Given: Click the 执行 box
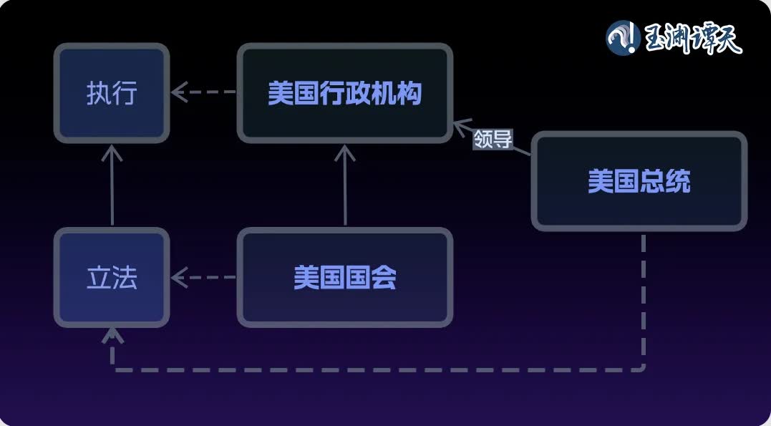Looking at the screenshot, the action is (112, 93).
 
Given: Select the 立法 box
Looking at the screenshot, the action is (112, 278).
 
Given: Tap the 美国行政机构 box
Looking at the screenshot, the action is (344, 93).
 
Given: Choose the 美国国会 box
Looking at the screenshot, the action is (344, 278).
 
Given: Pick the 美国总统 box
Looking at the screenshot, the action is (639, 181).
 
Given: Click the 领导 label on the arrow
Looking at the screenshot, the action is (493, 140).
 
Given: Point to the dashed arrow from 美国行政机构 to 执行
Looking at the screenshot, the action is (203, 92).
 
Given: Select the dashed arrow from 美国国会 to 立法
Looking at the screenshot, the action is (203, 278).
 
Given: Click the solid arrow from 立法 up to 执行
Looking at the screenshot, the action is (112, 185).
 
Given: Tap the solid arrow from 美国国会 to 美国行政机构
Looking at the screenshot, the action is (345, 185).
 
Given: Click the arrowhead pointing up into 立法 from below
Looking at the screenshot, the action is (112, 335).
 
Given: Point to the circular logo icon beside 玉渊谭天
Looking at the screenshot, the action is (623, 38).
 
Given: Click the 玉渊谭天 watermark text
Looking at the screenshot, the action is (693, 39).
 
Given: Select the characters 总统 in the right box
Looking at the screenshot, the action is (665, 182).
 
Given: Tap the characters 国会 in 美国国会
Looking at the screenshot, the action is (371, 278).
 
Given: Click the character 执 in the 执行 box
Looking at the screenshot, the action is (99, 94).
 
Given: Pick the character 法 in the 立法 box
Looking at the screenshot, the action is (125, 278).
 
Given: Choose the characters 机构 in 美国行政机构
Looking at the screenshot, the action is (397, 94).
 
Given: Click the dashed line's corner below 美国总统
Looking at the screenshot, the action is (642, 369).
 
